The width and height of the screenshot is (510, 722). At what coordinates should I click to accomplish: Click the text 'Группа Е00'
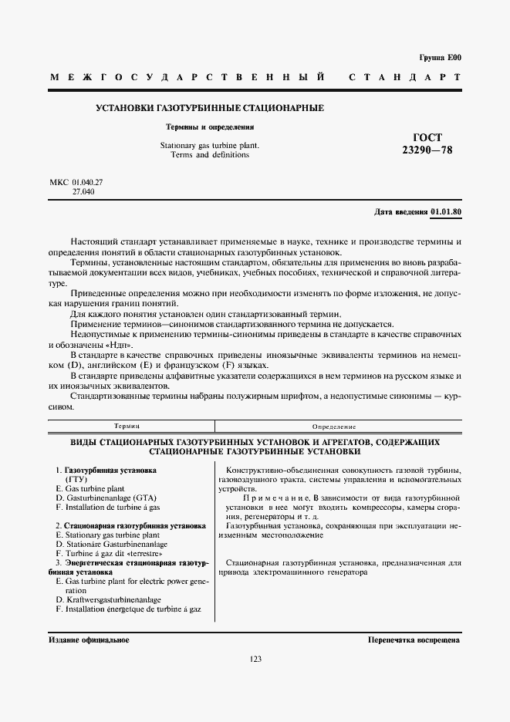pyautogui.click(x=440, y=58)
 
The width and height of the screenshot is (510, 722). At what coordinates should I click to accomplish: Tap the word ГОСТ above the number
pyautogui.click(x=427, y=137)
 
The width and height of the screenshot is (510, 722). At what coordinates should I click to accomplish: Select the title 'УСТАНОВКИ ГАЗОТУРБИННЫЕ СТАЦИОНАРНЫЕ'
pyautogui.click(x=209, y=107)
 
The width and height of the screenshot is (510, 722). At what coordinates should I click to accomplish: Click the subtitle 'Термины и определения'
pyautogui.click(x=210, y=127)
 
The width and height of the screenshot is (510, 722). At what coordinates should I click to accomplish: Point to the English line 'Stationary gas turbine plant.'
pyautogui.click(x=210, y=145)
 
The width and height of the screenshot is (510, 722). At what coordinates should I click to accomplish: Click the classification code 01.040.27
pyautogui.click(x=87, y=182)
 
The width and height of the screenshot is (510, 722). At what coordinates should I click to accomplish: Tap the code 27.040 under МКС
pyautogui.click(x=83, y=191)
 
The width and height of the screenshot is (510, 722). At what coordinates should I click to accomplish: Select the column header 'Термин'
pyautogui.click(x=127, y=426)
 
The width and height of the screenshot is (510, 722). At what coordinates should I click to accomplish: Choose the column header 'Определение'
pyautogui.click(x=333, y=426)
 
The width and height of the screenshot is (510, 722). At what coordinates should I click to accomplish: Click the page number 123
pyautogui.click(x=255, y=659)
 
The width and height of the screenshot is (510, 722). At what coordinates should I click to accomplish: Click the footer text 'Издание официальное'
pyautogui.click(x=89, y=640)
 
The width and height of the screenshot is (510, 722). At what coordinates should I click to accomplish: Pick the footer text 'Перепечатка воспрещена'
pyautogui.click(x=414, y=640)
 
